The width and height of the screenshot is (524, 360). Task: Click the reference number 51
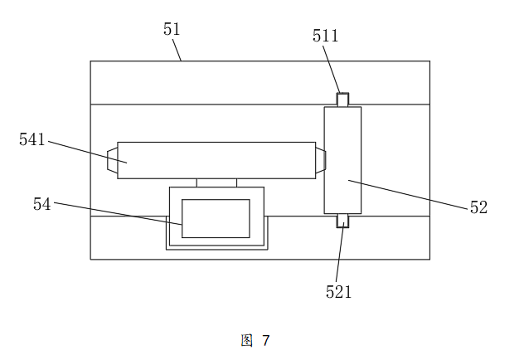(x=172, y=30)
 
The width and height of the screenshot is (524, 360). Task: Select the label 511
(x=325, y=36)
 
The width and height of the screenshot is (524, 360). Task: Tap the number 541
(x=32, y=139)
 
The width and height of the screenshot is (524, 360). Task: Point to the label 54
(x=42, y=203)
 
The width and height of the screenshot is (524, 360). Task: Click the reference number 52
(x=478, y=207)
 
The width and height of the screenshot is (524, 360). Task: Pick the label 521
(x=338, y=291)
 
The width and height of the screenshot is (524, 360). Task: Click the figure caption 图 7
(x=255, y=340)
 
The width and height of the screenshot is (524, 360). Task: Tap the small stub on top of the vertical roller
(x=342, y=100)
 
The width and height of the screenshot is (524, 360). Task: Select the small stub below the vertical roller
(x=342, y=221)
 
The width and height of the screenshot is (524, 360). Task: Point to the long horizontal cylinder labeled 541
(x=216, y=160)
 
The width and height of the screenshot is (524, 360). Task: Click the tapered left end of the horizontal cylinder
(x=112, y=160)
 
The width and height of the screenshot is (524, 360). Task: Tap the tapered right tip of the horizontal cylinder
(x=320, y=160)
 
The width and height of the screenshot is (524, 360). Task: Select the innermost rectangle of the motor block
(x=216, y=218)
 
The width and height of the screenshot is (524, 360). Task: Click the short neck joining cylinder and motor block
(x=216, y=182)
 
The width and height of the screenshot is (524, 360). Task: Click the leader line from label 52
(x=406, y=192)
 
